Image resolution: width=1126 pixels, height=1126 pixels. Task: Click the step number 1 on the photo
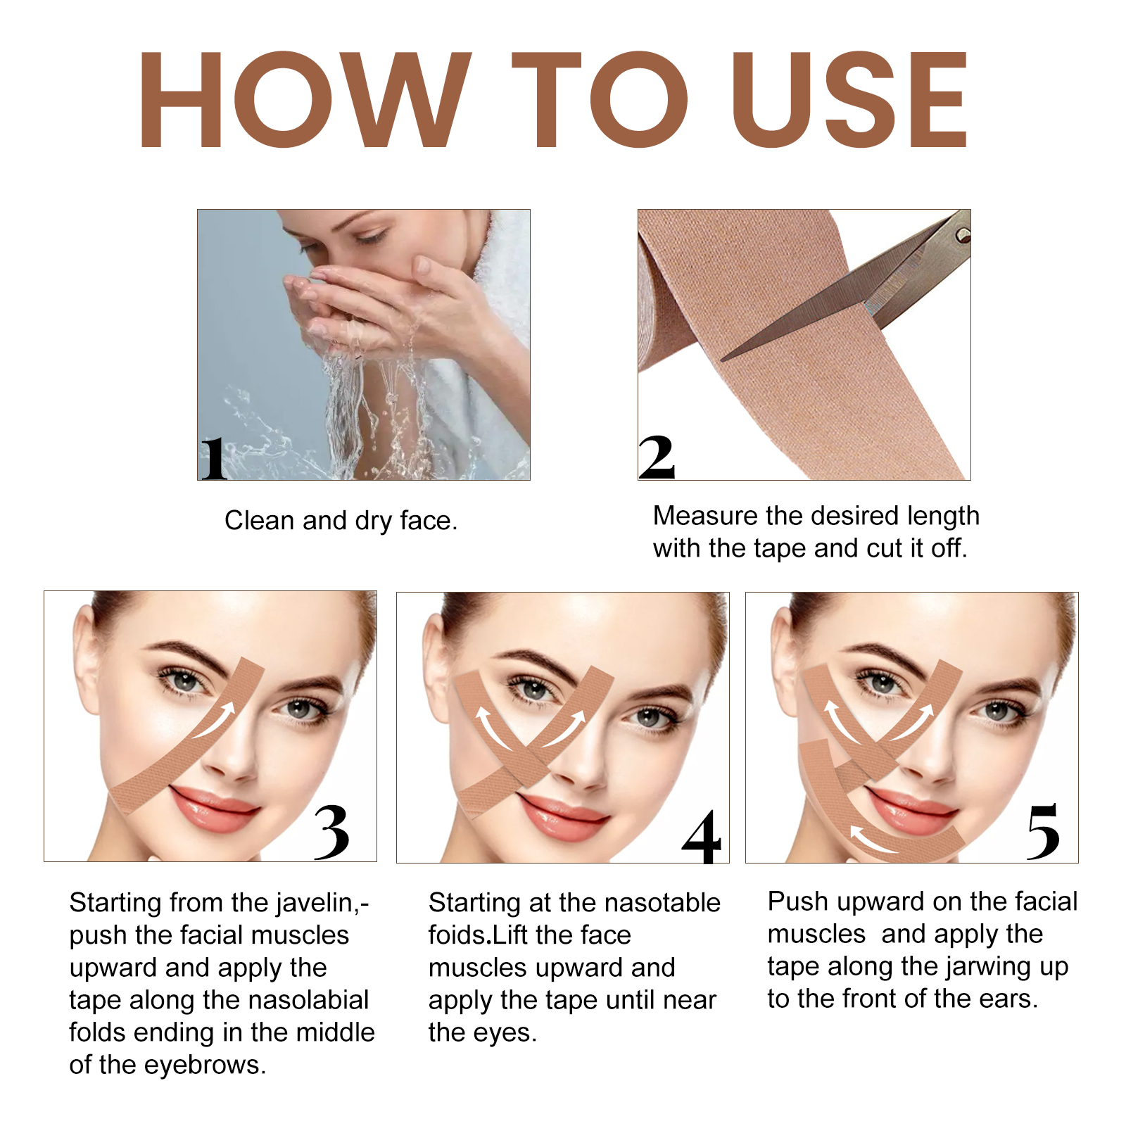click(213, 458)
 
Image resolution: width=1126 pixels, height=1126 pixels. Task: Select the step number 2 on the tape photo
click(657, 457)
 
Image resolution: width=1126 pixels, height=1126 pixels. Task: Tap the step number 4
click(702, 837)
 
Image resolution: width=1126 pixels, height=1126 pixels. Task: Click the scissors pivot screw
click(962, 236)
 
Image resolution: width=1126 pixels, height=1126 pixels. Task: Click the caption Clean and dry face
click(341, 521)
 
